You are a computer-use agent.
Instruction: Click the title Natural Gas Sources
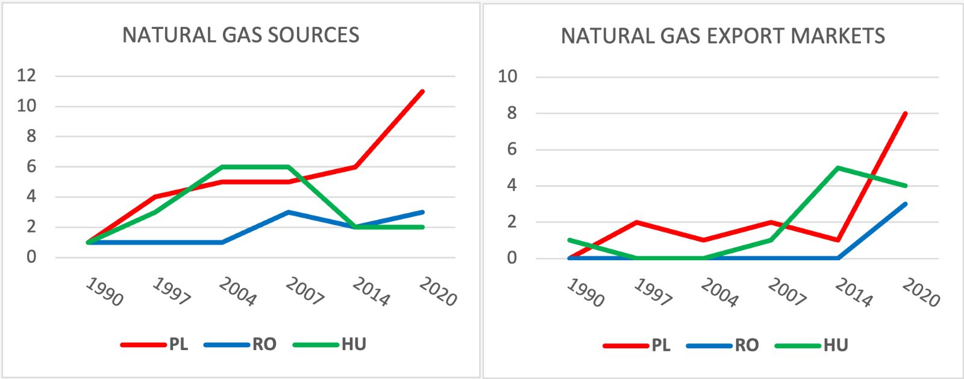point(241,35)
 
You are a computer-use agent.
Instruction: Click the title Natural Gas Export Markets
point(723,36)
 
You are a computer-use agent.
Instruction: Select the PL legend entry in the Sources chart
point(178,345)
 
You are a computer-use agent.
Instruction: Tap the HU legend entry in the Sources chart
point(354,345)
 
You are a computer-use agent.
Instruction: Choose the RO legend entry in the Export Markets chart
point(746,345)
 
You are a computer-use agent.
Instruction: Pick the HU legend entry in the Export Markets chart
point(836,345)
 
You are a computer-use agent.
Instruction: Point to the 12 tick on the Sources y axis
point(27,76)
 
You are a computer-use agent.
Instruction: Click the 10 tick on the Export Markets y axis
point(507,77)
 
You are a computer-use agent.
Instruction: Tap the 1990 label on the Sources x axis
point(104,292)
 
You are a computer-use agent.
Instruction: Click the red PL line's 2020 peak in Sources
point(423,92)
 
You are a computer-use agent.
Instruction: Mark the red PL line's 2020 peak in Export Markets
point(905,113)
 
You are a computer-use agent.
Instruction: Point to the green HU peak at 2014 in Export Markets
point(838,168)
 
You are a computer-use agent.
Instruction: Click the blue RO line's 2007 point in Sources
point(289,212)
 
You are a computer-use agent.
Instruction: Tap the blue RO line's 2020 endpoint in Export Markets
point(905,204)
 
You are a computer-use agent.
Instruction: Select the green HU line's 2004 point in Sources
point(222,167)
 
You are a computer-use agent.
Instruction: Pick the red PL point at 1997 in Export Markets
point(637,222)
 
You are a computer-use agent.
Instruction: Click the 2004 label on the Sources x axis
point(237,292)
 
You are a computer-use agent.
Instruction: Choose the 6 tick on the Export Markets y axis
point(512,149)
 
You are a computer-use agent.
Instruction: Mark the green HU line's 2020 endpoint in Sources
point(423,227)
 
